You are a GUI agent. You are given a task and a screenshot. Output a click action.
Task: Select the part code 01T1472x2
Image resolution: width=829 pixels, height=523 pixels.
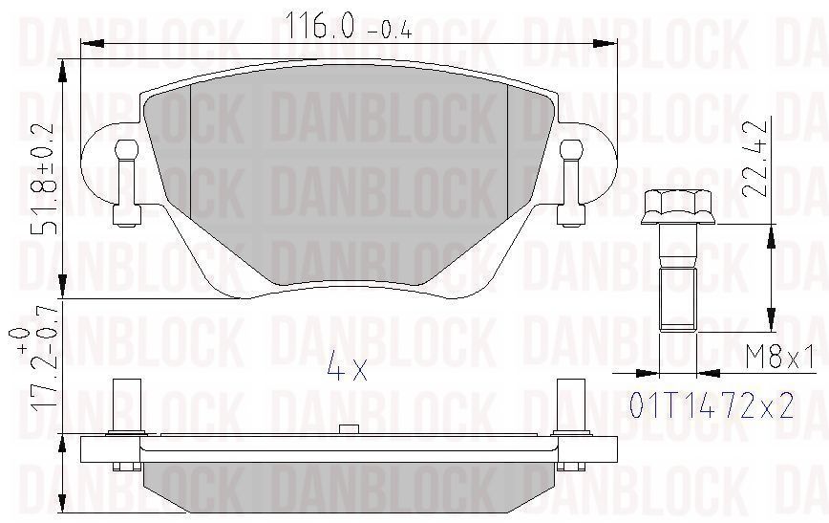click(712, 406)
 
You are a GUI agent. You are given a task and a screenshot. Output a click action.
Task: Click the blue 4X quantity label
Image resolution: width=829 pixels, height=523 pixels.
click(347, 366)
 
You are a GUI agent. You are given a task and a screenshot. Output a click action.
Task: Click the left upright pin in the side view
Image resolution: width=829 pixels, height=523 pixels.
click(127, 407)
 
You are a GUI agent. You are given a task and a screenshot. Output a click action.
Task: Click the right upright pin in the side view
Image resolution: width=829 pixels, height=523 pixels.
click(570, 407)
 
